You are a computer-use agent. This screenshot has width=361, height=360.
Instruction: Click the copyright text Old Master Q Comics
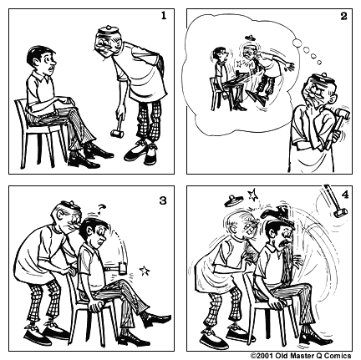click(x=304, y=354)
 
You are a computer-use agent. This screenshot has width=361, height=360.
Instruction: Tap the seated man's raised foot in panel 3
click(x=159, y=321)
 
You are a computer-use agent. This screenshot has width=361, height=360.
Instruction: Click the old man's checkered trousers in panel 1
click(x=146, y=125)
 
